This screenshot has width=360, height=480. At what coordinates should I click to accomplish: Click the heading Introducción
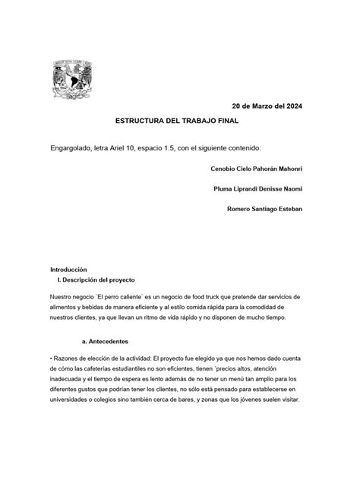69,270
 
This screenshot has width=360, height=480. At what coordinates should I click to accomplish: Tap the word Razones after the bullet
72,357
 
